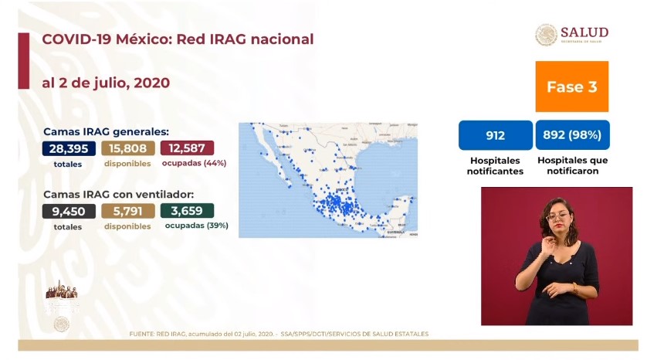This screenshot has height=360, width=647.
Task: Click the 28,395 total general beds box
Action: click(69, 148)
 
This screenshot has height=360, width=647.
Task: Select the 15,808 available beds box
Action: click(128, 148)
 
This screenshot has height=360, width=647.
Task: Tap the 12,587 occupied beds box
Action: click(188, 148)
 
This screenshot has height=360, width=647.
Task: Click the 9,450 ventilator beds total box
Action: click(69, 211)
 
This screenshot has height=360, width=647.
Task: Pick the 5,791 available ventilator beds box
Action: click(128, 211)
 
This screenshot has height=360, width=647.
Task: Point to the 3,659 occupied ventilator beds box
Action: click(188, 211)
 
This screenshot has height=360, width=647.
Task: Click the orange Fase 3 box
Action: click(571, 87)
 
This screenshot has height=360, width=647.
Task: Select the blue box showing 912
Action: click(495, 135)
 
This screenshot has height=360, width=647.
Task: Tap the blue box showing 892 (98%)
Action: click(572, 135)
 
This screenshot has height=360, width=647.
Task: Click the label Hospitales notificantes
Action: click(495, 165)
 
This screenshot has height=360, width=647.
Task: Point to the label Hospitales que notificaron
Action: click(572, 165)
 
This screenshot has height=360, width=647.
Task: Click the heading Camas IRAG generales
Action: click(106, 131)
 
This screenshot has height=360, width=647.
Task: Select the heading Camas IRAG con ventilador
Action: click(118, 194)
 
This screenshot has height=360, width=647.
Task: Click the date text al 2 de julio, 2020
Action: click(106, 82)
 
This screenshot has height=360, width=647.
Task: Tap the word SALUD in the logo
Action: click(584, 32)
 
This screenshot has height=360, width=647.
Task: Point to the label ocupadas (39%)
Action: click(196, 226)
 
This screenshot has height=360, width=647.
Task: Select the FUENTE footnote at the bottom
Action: click(279, 334)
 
